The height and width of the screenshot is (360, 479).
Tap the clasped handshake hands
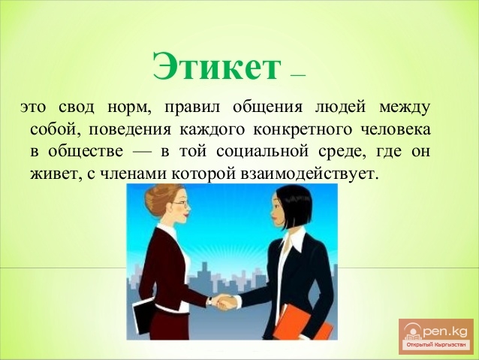[223, 302]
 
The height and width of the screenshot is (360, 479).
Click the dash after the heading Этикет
[298, 75]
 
